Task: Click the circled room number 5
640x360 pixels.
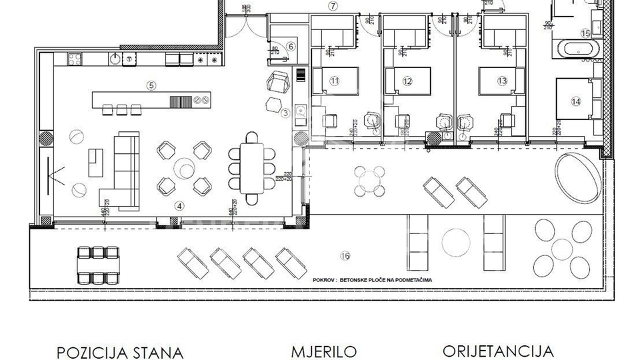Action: click(x=151, y=85)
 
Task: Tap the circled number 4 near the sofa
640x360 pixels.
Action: click(x=179, y=206)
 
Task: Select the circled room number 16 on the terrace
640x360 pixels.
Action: click(x=345, y=255)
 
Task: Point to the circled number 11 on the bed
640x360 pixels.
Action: click(x=335, y=81)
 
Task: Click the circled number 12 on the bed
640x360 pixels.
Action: click(x=408, y=81)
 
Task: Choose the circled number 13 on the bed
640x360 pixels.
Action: click(x=502, y=81)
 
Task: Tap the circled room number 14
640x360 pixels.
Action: click(x=576, y=101)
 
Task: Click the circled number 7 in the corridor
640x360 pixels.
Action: click(x=333, y=6)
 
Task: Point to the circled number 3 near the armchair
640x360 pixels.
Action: click(x=285, y=113)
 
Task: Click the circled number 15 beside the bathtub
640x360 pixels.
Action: click(x=585, y=32)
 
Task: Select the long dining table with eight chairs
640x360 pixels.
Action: click(x=251, y=166)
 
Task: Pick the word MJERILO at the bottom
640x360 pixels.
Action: click(x=324, y=351)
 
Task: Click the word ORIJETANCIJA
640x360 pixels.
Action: click(x=497, y=351)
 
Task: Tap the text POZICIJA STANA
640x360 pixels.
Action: click(x=120, y=352)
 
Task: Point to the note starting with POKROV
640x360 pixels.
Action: click(x=372, y=281)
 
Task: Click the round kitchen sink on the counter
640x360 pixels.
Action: click(x=116, y=59)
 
